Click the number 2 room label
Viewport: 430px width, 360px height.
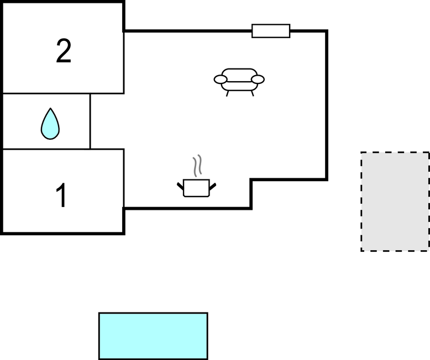(64, 52)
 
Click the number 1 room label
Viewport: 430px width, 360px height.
(62, 196)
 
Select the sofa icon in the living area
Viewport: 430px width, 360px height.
(239, 80)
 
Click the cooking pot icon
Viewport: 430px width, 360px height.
(196, 187)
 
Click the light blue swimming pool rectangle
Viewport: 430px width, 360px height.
(153, 336)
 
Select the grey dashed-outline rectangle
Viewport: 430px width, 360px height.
(395, 202)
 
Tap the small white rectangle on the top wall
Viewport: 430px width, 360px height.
(271, 31)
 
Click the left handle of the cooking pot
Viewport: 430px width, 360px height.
(180, 184)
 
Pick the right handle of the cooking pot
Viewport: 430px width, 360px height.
(212, 184)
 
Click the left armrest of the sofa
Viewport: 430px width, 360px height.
(221, 80)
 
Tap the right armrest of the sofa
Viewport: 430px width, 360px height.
(258, 80)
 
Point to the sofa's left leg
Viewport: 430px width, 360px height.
(228, 93)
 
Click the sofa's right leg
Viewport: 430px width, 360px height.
(251, 93)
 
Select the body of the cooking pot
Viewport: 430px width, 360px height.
(196, 188)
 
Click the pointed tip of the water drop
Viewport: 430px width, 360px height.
(50, 109)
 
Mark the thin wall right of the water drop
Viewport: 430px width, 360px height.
(90, 121)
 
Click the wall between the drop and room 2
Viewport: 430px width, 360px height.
(47, 93)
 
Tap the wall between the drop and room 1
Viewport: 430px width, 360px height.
(47, 149)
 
